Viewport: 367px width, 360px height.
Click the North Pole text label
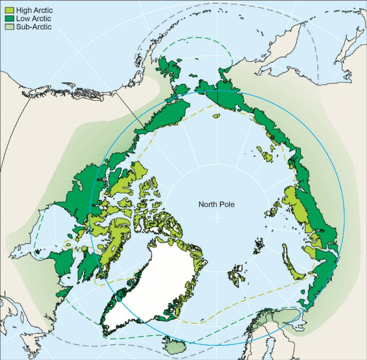[216, 204]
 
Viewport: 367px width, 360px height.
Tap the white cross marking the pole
[216, 219]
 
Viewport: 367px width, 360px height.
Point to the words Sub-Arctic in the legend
[34, 27]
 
